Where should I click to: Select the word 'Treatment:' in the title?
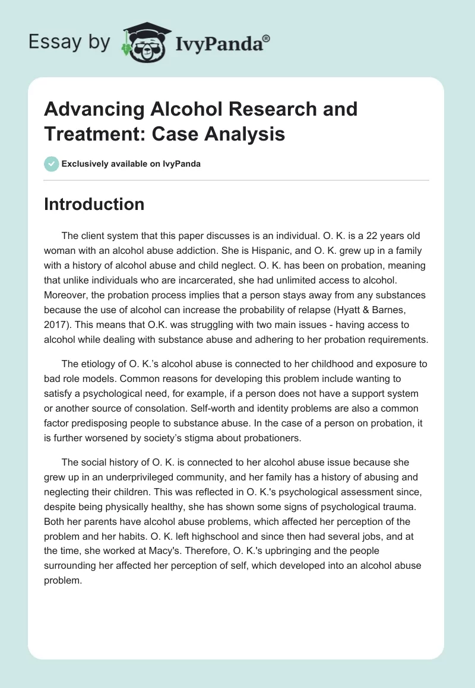click(x=90, y=134)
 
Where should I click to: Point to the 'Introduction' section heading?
click(x=94, y=204)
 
